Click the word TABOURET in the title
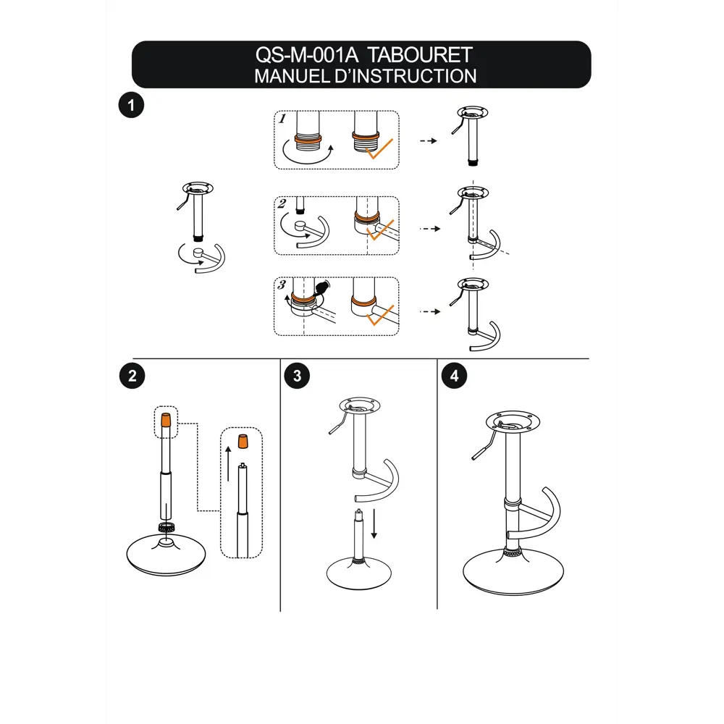(x=420, y=55)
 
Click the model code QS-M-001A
(x=307, y=55)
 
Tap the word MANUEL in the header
(x=291, y=76)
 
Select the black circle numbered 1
(x=131, y=105)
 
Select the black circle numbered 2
(x=132, y=376)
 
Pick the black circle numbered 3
(x=297, y=376)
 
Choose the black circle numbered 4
(x=455, y=376)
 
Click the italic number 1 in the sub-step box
(x=282, y=119)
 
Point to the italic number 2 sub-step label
(x=282, y=203)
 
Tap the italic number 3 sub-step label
(x=282, y=285)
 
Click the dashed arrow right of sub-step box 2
(x=430, y=229)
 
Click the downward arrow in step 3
(x=374, y=523)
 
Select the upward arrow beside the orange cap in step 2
(x=228, y=463)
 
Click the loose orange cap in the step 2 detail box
(x=243, y=442)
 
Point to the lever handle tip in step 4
(x=474, y=457)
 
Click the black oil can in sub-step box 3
(x=322, y=288)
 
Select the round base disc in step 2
(x=167, y=555)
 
